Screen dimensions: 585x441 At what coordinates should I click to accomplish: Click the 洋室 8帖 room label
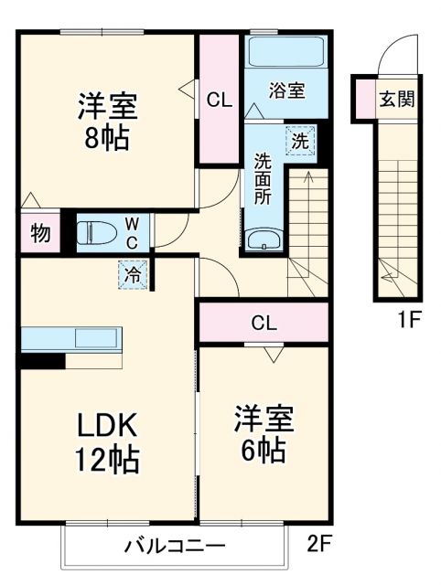[x=106, y=122]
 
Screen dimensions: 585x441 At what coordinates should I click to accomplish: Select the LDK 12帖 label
[x=106, y=441]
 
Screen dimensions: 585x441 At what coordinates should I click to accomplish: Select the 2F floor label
[x=319, y=546]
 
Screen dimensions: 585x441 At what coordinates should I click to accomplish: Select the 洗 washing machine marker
[x=299, y=142]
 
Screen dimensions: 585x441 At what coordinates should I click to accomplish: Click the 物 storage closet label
[x=39, y=232]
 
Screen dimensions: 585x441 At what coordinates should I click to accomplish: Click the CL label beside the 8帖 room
[x=220, y=100]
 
